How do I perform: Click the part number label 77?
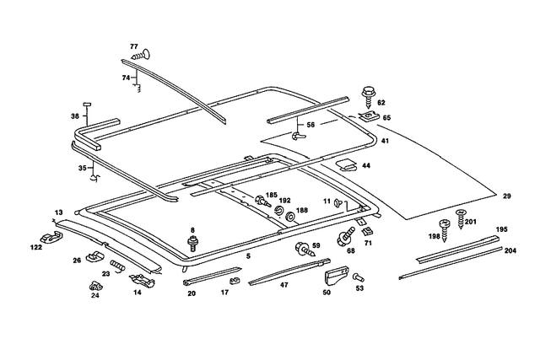(x=133, y=46)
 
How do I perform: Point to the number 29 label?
(x=506, y=196)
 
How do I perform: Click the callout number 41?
(x=385, y=141)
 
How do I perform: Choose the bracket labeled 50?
(x=336, y=275)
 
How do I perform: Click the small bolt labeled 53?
(x=357, y=277)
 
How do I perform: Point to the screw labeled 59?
(x=301, y=249)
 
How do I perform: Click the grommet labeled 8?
(x=193, y=244)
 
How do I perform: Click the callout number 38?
(x=75, y=116)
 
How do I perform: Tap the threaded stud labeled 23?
(x=117, y=267)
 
